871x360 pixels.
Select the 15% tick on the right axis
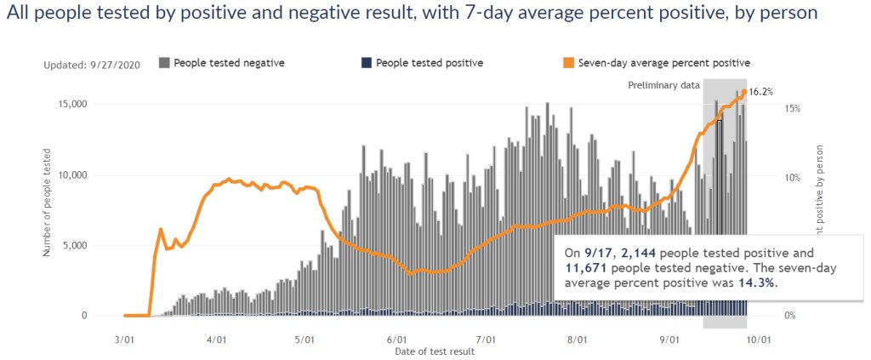point(792,108)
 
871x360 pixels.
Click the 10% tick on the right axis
point(792,178)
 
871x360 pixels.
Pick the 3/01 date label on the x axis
point(125,338)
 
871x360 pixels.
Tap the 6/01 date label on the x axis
point(396,338)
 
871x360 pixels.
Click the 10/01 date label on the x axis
point(759,338)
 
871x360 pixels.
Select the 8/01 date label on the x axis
point(578,338)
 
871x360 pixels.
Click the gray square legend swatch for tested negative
point(164,62)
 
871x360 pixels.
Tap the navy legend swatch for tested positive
point(367,62)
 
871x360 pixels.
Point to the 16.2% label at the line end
point(761,92)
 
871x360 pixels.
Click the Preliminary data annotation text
point(663,85)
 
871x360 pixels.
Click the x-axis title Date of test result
point(435,351)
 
